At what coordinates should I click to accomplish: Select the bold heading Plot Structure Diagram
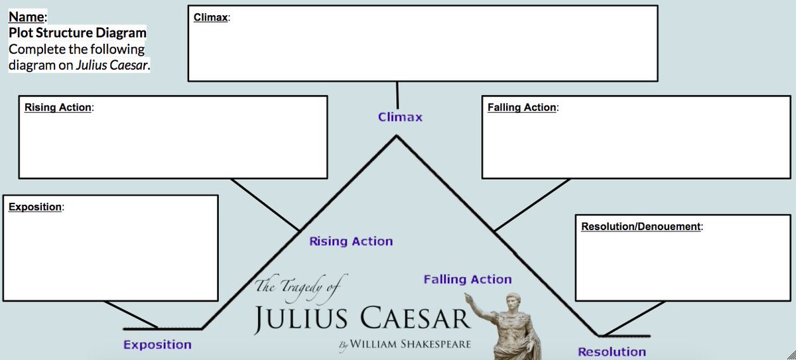coord(78,32)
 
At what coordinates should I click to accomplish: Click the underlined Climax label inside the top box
coord(210,17)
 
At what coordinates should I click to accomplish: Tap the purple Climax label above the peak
coord(400,117)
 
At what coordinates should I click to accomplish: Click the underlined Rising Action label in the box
coord(58,107)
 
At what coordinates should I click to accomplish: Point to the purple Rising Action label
coord(351,241)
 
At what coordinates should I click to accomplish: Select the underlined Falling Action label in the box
coord(521,107)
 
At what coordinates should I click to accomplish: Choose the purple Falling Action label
coord(468,279)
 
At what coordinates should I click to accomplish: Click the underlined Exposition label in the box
coord(35,206)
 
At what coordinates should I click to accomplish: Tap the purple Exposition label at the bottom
coord(157,344)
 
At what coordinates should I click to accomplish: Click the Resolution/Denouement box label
coord(641,226)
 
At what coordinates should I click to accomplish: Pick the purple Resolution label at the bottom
coord(612,351)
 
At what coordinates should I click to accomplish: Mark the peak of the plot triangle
coord(397,137)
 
